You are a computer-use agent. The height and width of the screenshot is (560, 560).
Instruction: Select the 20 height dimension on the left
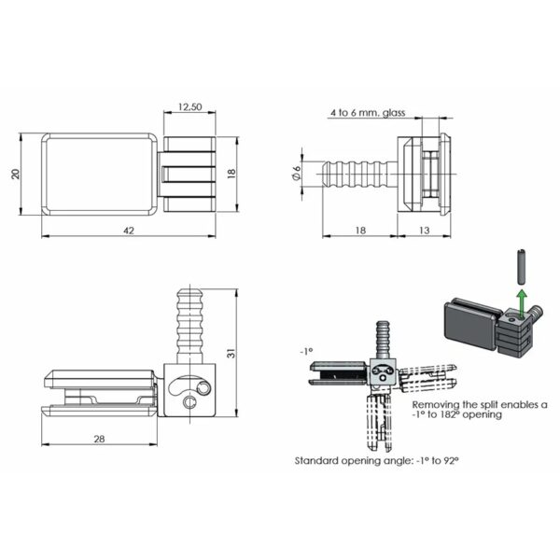(17, 175)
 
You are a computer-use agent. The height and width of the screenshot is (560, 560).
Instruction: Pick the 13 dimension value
(425, 228)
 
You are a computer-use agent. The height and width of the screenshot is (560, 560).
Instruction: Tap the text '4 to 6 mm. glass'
(365, 112)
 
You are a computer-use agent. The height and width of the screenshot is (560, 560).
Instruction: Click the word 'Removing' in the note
(434, 404)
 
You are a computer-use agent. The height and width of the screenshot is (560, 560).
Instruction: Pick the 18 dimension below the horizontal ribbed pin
(360, 228)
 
